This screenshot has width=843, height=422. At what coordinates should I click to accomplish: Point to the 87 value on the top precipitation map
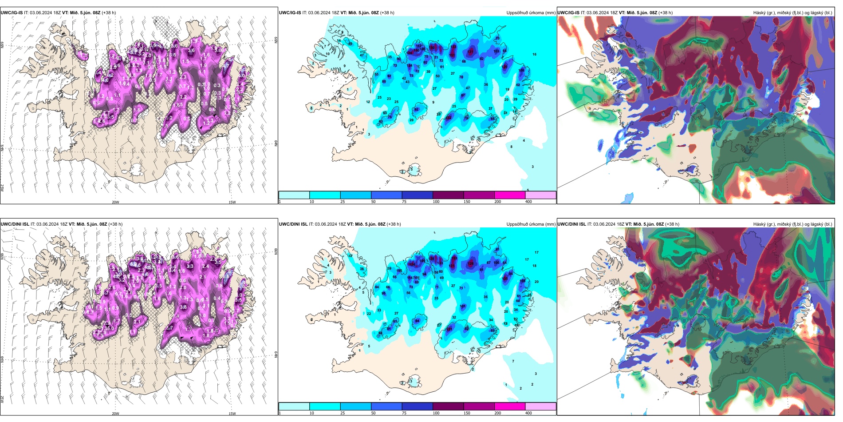[x=463, y=96]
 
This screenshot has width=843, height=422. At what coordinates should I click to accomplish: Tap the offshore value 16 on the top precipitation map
[x=534, y=55]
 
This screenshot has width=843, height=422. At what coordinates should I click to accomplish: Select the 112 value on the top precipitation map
[x=418, y=46]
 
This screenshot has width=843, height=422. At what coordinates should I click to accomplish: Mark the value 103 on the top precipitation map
[x=496, y=52]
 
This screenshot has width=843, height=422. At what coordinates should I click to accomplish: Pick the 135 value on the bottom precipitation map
[x=505, y=279]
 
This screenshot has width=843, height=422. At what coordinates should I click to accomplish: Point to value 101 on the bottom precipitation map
[x=463, y=307]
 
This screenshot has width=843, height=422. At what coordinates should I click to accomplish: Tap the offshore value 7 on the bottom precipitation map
[x=513, y=361]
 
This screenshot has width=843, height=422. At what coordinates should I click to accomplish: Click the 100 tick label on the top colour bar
[x=436, y=202]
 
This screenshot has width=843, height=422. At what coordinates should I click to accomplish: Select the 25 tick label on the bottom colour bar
[x=343, y=413]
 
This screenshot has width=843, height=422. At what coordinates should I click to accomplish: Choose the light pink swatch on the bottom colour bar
[x=540, y=406]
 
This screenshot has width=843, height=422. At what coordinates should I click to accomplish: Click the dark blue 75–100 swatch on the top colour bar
[x=417, y=195]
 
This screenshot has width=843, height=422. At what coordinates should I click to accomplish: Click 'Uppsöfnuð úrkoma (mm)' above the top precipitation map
[x=531, y=13]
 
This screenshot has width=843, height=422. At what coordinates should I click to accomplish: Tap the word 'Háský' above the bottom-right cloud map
[x=759, y=224]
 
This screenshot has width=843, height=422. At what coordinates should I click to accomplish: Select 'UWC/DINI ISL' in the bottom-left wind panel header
[x=15, y=224]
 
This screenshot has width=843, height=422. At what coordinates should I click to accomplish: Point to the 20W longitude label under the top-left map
[x=115, y=202]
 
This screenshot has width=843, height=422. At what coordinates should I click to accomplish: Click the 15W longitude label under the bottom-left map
[x=232, y=414]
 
